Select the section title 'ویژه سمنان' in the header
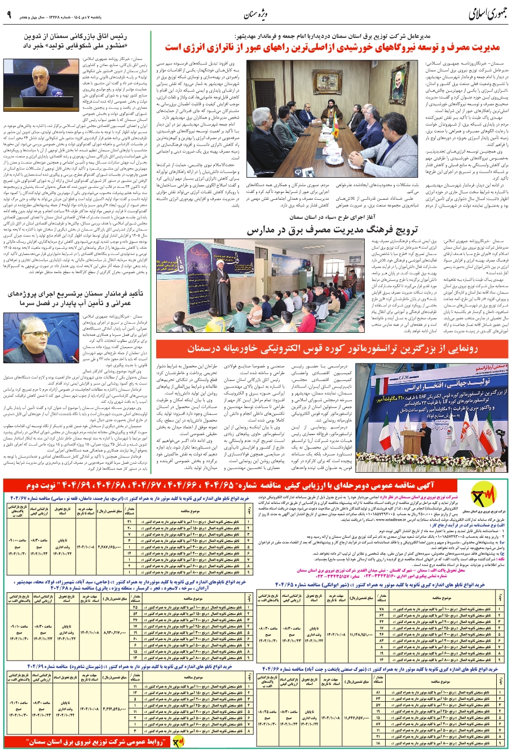coord(261,14)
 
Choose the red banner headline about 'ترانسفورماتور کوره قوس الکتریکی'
coord(332,348)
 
